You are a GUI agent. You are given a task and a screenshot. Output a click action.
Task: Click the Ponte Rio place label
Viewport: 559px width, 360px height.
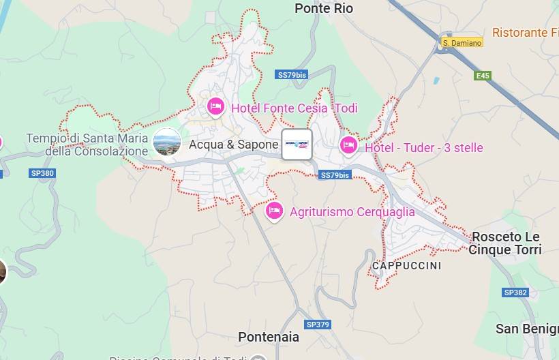[x=324, y=8]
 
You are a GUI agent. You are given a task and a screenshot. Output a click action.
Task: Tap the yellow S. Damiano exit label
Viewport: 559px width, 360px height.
[x=462, y=42]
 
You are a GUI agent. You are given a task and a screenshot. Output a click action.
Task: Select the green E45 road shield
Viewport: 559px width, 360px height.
[x=483, y=76]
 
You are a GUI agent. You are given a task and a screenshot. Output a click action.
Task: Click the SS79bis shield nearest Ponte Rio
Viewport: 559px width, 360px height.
[x=291, y=75]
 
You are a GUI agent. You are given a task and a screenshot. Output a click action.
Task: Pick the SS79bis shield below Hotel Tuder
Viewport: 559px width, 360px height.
[x=335, y=175]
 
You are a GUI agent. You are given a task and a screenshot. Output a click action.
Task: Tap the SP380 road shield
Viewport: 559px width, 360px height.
[x=42, y=173]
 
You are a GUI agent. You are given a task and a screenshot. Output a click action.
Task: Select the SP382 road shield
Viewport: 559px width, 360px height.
[x=515, y=292]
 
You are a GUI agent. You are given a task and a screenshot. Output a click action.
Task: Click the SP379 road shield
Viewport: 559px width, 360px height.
[x=318, y=325]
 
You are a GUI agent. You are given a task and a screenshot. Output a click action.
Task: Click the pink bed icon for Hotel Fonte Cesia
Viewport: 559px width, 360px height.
[x=216, y=106]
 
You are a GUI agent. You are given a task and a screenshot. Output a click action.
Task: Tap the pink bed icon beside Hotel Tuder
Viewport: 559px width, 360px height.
[x=348, y=145]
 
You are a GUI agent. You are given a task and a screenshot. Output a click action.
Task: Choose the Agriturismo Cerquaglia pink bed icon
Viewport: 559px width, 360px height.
[x=274, y=211]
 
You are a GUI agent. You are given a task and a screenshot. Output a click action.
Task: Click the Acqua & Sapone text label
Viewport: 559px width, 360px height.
[x=233, y=145]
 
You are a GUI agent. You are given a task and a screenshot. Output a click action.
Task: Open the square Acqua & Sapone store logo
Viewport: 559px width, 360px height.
[x=297, y=145]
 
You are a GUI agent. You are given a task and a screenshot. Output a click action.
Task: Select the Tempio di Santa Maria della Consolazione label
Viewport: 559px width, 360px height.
[x=87, y=145]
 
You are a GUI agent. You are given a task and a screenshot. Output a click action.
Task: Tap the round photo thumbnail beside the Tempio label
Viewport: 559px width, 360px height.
[x=167, y=142]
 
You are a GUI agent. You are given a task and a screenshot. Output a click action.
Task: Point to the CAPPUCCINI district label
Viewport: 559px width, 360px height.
[x=406, y=265]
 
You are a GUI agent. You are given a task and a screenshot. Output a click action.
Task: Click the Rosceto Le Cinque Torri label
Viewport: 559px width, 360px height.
[x=505, y=243]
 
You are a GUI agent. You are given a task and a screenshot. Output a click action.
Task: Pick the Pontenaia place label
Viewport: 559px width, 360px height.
[x=269, y=337]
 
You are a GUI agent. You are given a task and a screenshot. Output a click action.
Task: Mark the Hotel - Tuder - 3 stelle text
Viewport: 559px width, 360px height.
[x=423, y=148]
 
